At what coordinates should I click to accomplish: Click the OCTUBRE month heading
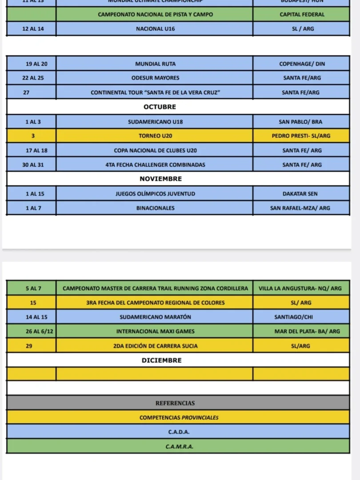(x=160, y=107)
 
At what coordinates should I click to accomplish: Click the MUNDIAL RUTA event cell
(x=155, y=64)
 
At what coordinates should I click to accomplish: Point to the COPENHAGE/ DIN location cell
(x=302, y=64)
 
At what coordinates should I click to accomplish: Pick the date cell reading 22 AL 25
(x=32, y=78)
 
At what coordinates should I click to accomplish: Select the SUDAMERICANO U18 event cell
(x=155, y=121)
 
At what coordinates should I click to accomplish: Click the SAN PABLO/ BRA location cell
(x=301, y=121)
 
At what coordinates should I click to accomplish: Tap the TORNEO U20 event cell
(x=155, y=136)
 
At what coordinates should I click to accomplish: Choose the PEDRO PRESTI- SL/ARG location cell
(x=301, y=136)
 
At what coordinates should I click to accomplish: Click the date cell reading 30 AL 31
(x=32, y=164)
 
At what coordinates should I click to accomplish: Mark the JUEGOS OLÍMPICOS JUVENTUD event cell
(x=155, y=193)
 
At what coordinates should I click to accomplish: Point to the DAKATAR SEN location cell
(x=301, y=193)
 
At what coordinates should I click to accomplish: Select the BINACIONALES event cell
(x=155, y=208)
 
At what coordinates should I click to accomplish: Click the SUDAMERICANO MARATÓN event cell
(x=155, y=317)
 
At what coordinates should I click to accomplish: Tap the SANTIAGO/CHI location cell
(x=301, y=317)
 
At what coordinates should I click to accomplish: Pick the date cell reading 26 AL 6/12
(x=32, y=331)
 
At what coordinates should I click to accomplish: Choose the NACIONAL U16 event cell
(x=155, y=29)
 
